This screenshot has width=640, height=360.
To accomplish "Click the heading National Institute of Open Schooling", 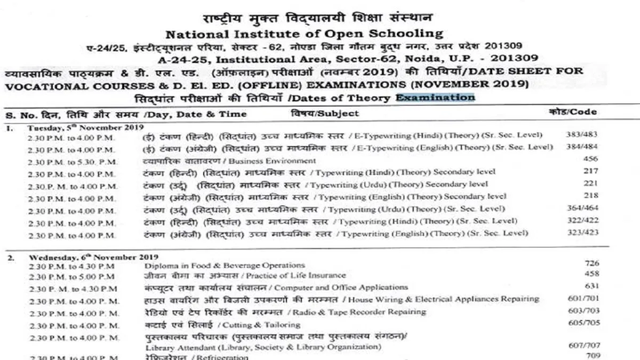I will tap(305, 34).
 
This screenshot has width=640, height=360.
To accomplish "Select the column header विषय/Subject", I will tap(325, 113).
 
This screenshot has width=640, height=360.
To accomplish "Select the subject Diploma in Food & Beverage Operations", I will tap(225, 265).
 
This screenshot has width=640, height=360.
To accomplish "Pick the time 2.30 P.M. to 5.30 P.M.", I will tap(71, 161).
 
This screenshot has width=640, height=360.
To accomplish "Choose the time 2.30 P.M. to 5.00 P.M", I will tap(71, 276).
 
